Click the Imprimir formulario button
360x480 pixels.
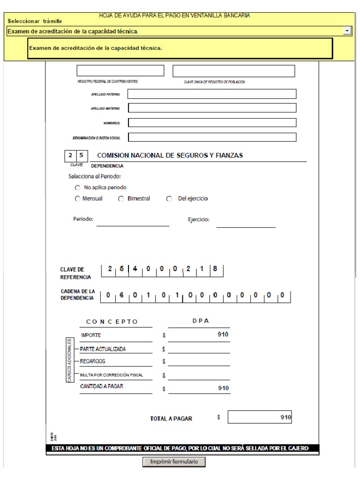174,462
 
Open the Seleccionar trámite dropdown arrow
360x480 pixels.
347,31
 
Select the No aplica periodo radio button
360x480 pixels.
78,187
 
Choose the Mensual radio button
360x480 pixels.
78,199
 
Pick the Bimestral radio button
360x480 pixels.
121,199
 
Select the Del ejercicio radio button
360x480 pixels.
169,199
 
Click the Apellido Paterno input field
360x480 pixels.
212,94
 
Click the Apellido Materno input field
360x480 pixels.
212,108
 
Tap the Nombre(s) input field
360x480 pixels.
212,123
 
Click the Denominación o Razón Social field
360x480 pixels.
212,137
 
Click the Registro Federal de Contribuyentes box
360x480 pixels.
120,71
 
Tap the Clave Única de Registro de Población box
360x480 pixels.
234,71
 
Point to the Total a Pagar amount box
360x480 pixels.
260,418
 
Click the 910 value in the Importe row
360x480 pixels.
223,335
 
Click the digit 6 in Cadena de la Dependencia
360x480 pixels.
121,295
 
